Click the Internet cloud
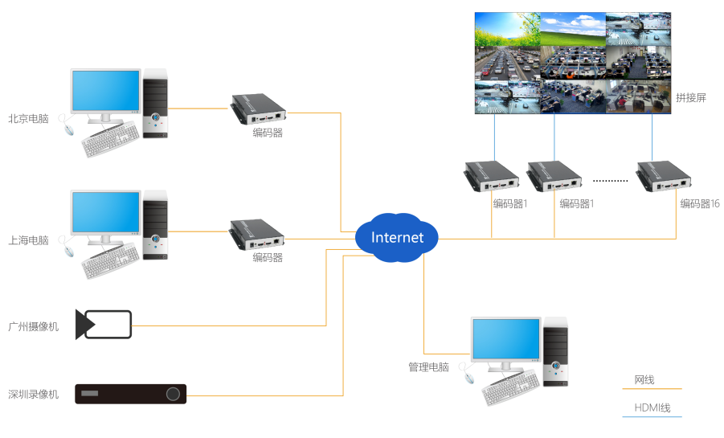[397, 238]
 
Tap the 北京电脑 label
[28, 119]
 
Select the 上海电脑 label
[28, 240]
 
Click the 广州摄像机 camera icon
[103, 325]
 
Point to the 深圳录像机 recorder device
[130, 394]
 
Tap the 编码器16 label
[700, 204]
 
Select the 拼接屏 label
[690, 98]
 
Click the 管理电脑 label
[428, 367]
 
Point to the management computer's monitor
[505, 340]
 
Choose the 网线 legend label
[644, 379]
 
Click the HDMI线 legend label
[652, 407]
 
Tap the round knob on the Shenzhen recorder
[173, 394]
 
